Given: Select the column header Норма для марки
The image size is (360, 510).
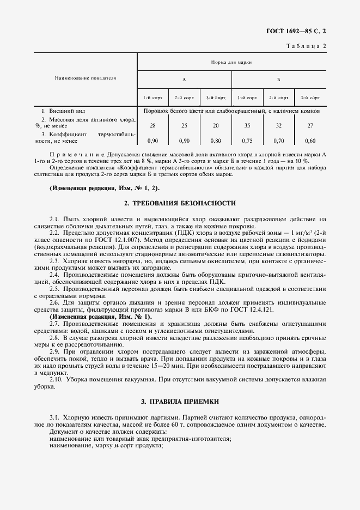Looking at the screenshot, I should coord(231,63).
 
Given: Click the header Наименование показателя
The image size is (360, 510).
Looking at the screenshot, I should coord(86,78).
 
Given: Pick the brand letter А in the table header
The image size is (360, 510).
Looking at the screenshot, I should coord(184,80).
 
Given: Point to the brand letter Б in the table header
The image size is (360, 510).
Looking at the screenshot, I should coord(278,80).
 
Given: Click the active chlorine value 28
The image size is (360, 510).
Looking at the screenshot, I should coord(152,125).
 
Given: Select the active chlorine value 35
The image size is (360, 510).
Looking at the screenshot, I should coord(247,125).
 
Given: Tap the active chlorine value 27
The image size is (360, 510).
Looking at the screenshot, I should coord(310,125).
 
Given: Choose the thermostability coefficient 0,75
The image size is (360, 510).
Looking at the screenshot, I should coord(247,141).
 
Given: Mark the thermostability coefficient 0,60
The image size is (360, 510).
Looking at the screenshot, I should coord(310,141).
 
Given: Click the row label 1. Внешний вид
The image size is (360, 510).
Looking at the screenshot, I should coord(63,110).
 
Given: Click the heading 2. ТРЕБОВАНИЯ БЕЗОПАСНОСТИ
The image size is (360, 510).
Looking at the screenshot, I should coord(180,203).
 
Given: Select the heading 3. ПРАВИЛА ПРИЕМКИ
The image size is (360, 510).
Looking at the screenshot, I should coord(180,402).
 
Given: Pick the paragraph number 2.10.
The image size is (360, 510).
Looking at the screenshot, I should coord(56,379).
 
